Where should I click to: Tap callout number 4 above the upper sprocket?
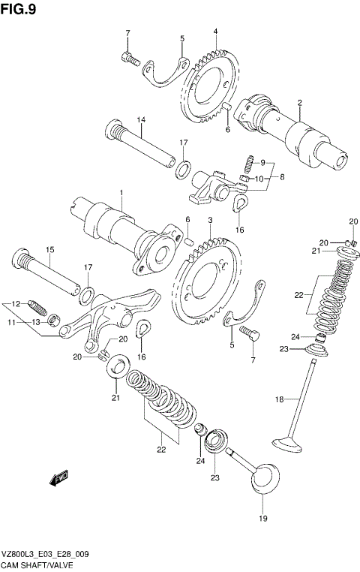215,32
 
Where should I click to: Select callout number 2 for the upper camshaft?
299,103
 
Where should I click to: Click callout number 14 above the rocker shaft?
140,120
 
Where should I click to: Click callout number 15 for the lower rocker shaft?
49,250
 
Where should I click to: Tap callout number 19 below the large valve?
262,517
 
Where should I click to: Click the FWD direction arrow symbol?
58,476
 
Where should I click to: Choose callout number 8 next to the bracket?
281,177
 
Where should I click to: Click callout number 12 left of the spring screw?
13,304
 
